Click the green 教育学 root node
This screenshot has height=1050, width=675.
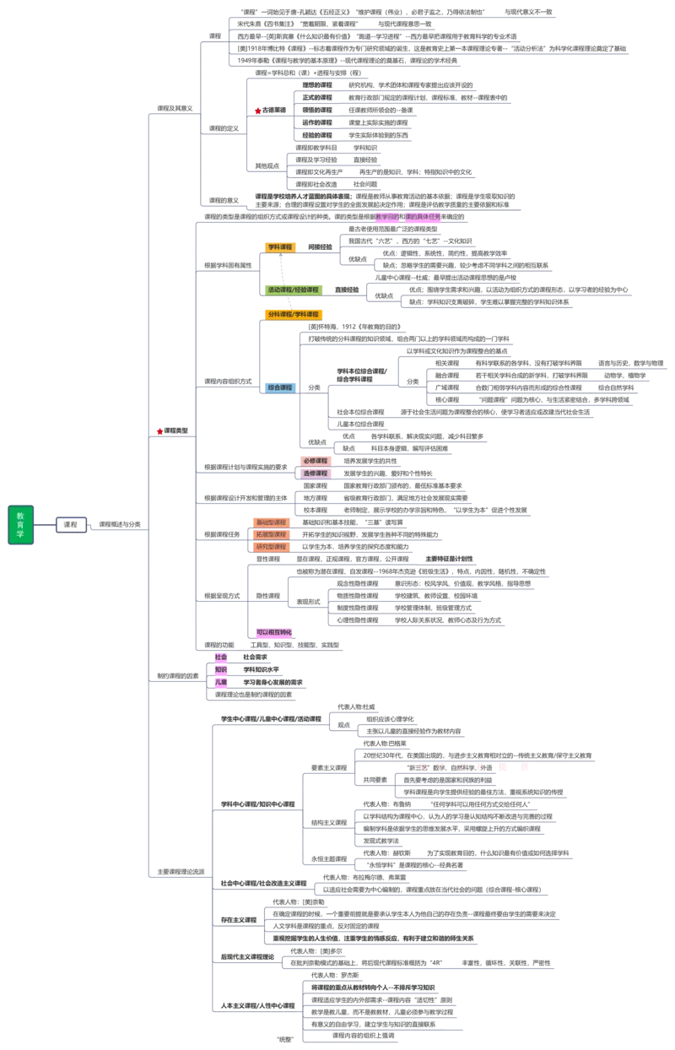point(20,524)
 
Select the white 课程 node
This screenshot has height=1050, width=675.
point(71,524)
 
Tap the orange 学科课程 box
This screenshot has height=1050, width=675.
point(280,246)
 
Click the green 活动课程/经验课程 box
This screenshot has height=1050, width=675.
point(293,290)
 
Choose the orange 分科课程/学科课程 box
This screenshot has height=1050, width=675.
point(293,314)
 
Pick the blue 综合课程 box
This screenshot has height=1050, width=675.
point(280,387)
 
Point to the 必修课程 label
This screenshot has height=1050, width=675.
point(316,461)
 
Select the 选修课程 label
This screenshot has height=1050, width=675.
point(316,474)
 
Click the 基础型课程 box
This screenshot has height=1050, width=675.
point(270,522)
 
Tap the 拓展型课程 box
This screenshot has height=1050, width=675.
point(270,534)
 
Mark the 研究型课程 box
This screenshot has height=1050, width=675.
point(270,547)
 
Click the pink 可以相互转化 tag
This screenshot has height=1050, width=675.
point(275,632)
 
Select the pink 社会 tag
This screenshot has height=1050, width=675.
point(220,657)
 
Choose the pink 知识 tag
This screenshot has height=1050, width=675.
point(220,669)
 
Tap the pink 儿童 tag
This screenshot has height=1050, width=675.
point(220,681)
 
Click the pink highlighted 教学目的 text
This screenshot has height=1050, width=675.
point(387,217)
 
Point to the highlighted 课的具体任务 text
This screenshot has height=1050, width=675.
point(423,217)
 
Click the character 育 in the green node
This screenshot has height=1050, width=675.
point(20,524)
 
